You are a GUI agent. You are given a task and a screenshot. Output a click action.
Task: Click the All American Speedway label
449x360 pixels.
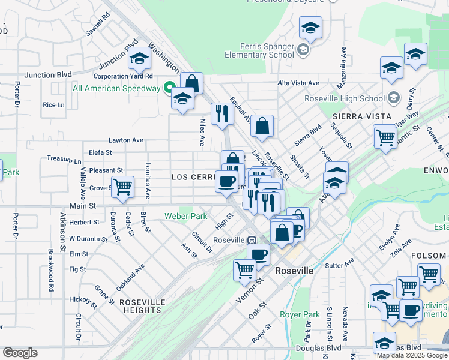(x=116, y=88)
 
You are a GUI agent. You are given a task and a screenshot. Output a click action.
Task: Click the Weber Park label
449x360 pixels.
(x=186, y=216)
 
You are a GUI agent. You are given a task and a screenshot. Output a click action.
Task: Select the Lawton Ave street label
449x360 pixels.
(x=126, y=140)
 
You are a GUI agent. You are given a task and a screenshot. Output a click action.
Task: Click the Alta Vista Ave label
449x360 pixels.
(x=298, y=83)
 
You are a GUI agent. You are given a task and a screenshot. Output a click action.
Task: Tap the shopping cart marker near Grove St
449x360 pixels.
(x=122, y=186)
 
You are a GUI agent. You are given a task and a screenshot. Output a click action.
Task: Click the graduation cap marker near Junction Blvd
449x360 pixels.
(x=139, y=58)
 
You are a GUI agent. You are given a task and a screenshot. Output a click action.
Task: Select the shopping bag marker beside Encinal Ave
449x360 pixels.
(x=262, y=126)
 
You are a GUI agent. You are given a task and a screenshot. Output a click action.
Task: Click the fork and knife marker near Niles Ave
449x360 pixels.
(x=222, y=113)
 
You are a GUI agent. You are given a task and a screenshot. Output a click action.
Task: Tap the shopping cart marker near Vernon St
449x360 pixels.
(x=244, y=270)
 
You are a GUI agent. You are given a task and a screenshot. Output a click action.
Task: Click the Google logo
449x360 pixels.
(x=20, y=353)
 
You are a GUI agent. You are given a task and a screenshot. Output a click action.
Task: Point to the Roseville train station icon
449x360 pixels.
(x=253, y=239)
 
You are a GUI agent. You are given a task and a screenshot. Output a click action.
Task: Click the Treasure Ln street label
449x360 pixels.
(x=64, y=160)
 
